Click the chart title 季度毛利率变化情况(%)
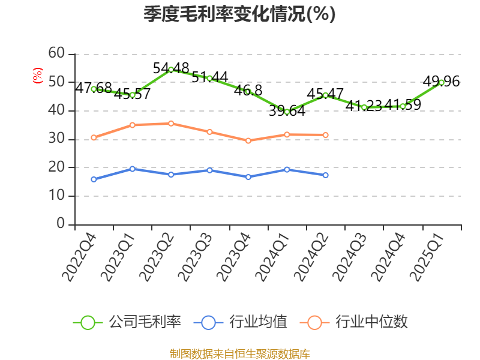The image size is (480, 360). (239, 14)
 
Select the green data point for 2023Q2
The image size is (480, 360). (171, 70)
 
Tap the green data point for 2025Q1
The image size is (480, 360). (442, 82)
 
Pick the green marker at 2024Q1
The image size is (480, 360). (287, 112)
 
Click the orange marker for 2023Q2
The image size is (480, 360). (171, 124)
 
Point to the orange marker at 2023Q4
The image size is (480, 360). (248, 140)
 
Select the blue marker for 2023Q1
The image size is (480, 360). (133, 169)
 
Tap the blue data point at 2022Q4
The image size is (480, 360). (94, 179)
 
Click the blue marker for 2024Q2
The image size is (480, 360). (326, 175)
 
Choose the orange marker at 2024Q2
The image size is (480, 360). (326, 135)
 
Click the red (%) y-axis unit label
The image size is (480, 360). (38, 76)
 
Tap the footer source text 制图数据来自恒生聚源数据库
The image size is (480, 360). (239, 353)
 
